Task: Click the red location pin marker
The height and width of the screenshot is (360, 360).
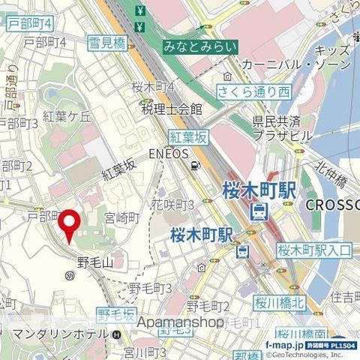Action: [x=70, y=225]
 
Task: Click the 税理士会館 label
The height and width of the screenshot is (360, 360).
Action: [x=172, y=109]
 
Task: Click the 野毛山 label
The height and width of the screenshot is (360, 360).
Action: [x=94, y=262]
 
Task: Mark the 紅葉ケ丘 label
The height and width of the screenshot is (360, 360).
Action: [x=67, y=115]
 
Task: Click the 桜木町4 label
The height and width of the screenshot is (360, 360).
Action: [x=153, y=86]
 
